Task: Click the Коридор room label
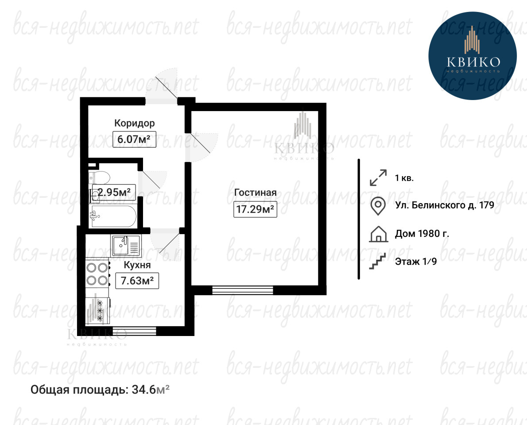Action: (x=135, y=124)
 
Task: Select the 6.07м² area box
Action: (x=135, y=139)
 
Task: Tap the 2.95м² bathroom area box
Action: (x=114, y=192)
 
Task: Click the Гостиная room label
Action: (x=256, y=193)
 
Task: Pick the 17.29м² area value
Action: (x=255, y=209)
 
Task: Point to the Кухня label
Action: (x=137, y=265)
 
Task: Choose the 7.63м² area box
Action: (x=137, y=281)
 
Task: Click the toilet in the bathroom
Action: (x=100, y=177)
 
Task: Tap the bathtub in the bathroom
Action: (x=113, y=216)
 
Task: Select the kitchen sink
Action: (x=126, y=246)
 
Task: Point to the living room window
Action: (x=243, y=290)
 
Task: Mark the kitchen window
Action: (x=135, y=331)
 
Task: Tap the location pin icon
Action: (x=378, y=205)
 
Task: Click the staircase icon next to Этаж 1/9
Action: (x=377, y=261)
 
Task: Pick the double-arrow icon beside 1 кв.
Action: (x=378, y=178)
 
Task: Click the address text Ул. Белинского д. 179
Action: (x=445, y=205)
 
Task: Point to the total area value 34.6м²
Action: (x=151, y=390)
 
